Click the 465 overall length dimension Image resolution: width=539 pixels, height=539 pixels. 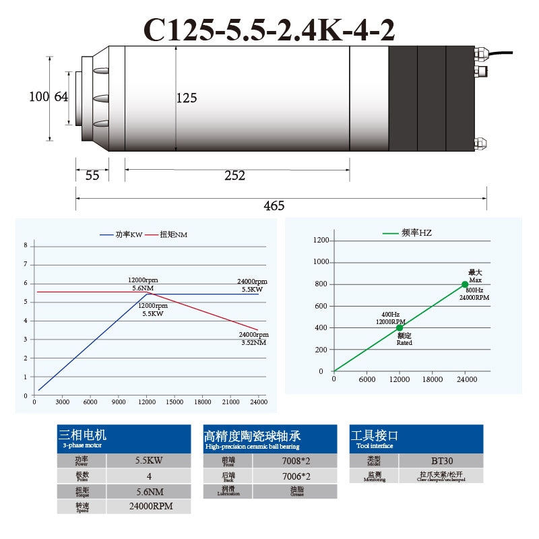click(x=274, y=205)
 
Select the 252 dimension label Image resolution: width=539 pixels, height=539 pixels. click(x=234, y=176)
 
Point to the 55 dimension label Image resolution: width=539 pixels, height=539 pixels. click(x=92, y=176)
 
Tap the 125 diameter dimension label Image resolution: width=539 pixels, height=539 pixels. click(x=187, y=98)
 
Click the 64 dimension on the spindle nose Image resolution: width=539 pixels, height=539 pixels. click(x=61, y=97)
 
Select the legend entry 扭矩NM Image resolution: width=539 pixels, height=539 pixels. click(x=173, y=234)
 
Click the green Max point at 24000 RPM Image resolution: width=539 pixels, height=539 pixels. click(x=465, y=284)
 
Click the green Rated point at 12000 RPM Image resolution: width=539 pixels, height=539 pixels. click(x=400, y=327)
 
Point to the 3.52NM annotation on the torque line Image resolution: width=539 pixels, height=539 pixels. click(x=254, y=343)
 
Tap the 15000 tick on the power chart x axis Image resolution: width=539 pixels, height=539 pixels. click(x=175, y=402)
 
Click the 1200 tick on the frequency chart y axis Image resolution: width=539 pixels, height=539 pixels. click(x=321, y=240)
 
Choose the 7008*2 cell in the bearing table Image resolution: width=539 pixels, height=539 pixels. click(x=294, y=461)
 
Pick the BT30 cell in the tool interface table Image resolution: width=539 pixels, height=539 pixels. click(x=441, y=461)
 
